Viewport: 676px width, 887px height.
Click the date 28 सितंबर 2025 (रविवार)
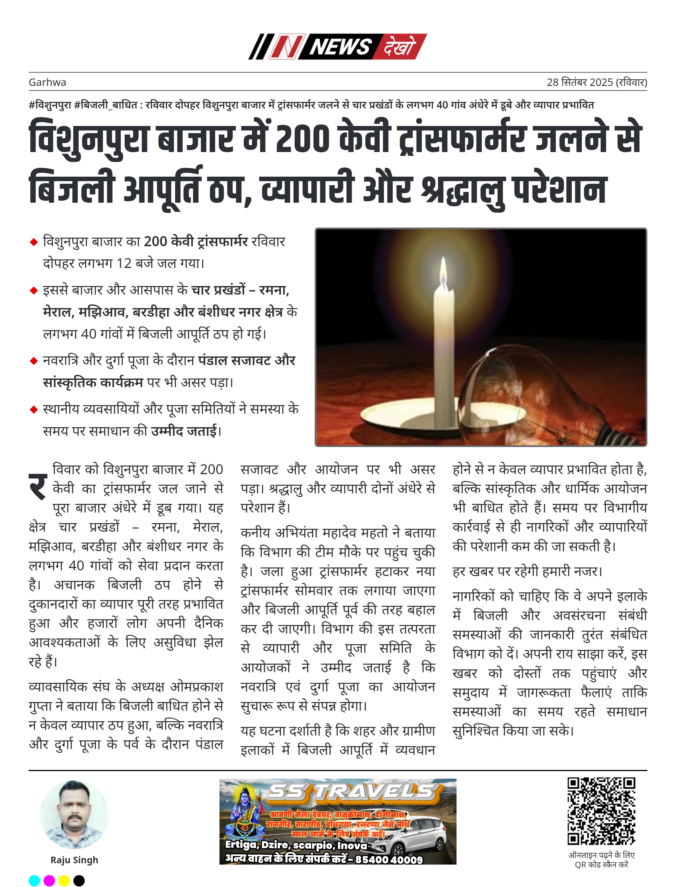coord(596,82)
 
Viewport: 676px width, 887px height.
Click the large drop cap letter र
coord(38,486)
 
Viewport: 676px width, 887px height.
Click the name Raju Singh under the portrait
coord(74,860)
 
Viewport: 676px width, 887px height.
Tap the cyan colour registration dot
coord(35,881)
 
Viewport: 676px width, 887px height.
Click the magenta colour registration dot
coord(49,881)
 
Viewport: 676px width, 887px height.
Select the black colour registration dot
coord(79,881)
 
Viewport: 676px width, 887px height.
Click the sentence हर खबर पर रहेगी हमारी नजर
coord(527,571)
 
